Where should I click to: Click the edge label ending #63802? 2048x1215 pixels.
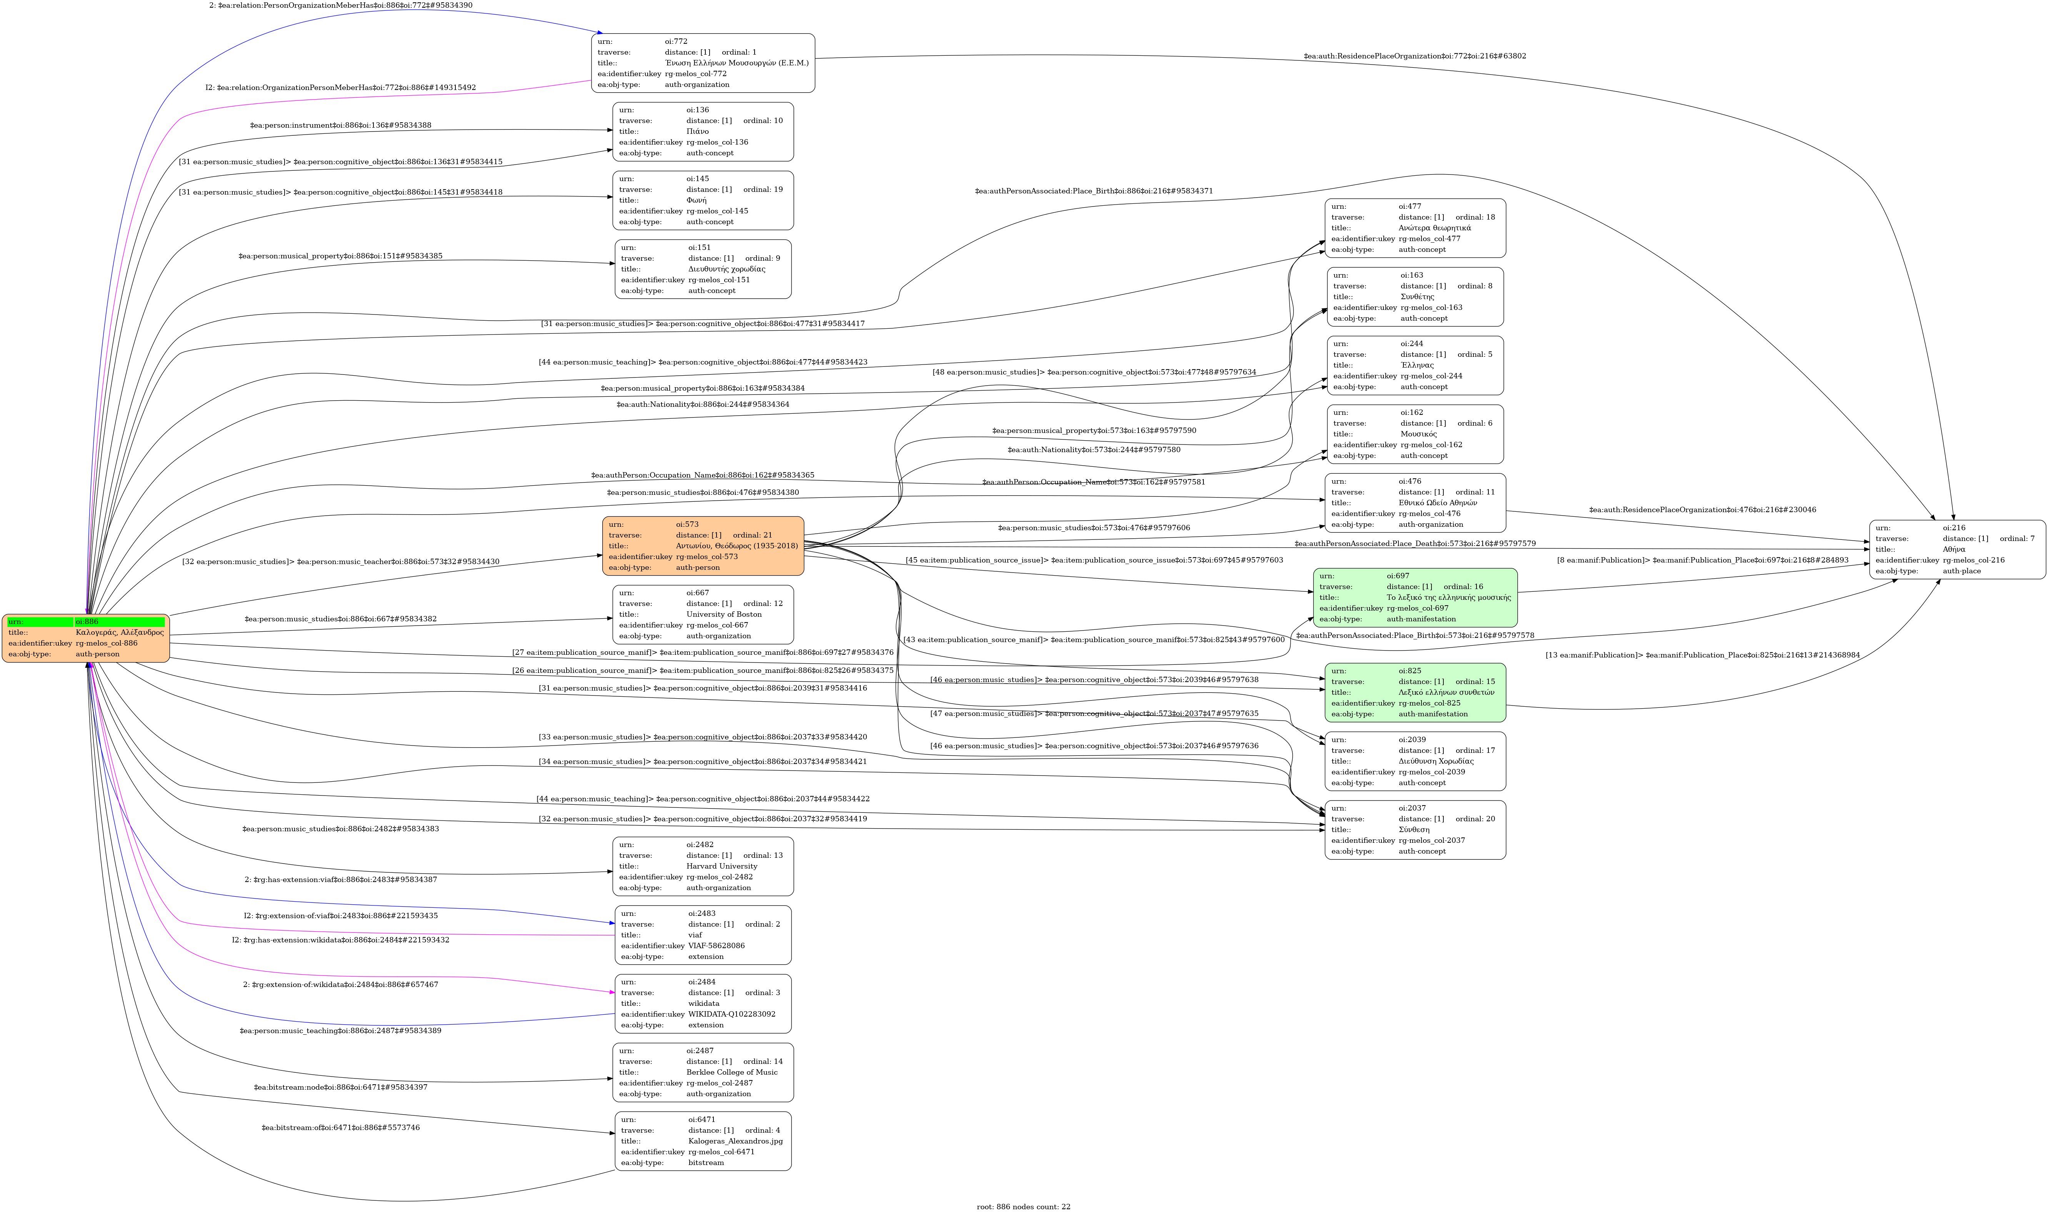coord(1414,57)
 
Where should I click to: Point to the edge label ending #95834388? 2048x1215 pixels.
coord(341,125)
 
